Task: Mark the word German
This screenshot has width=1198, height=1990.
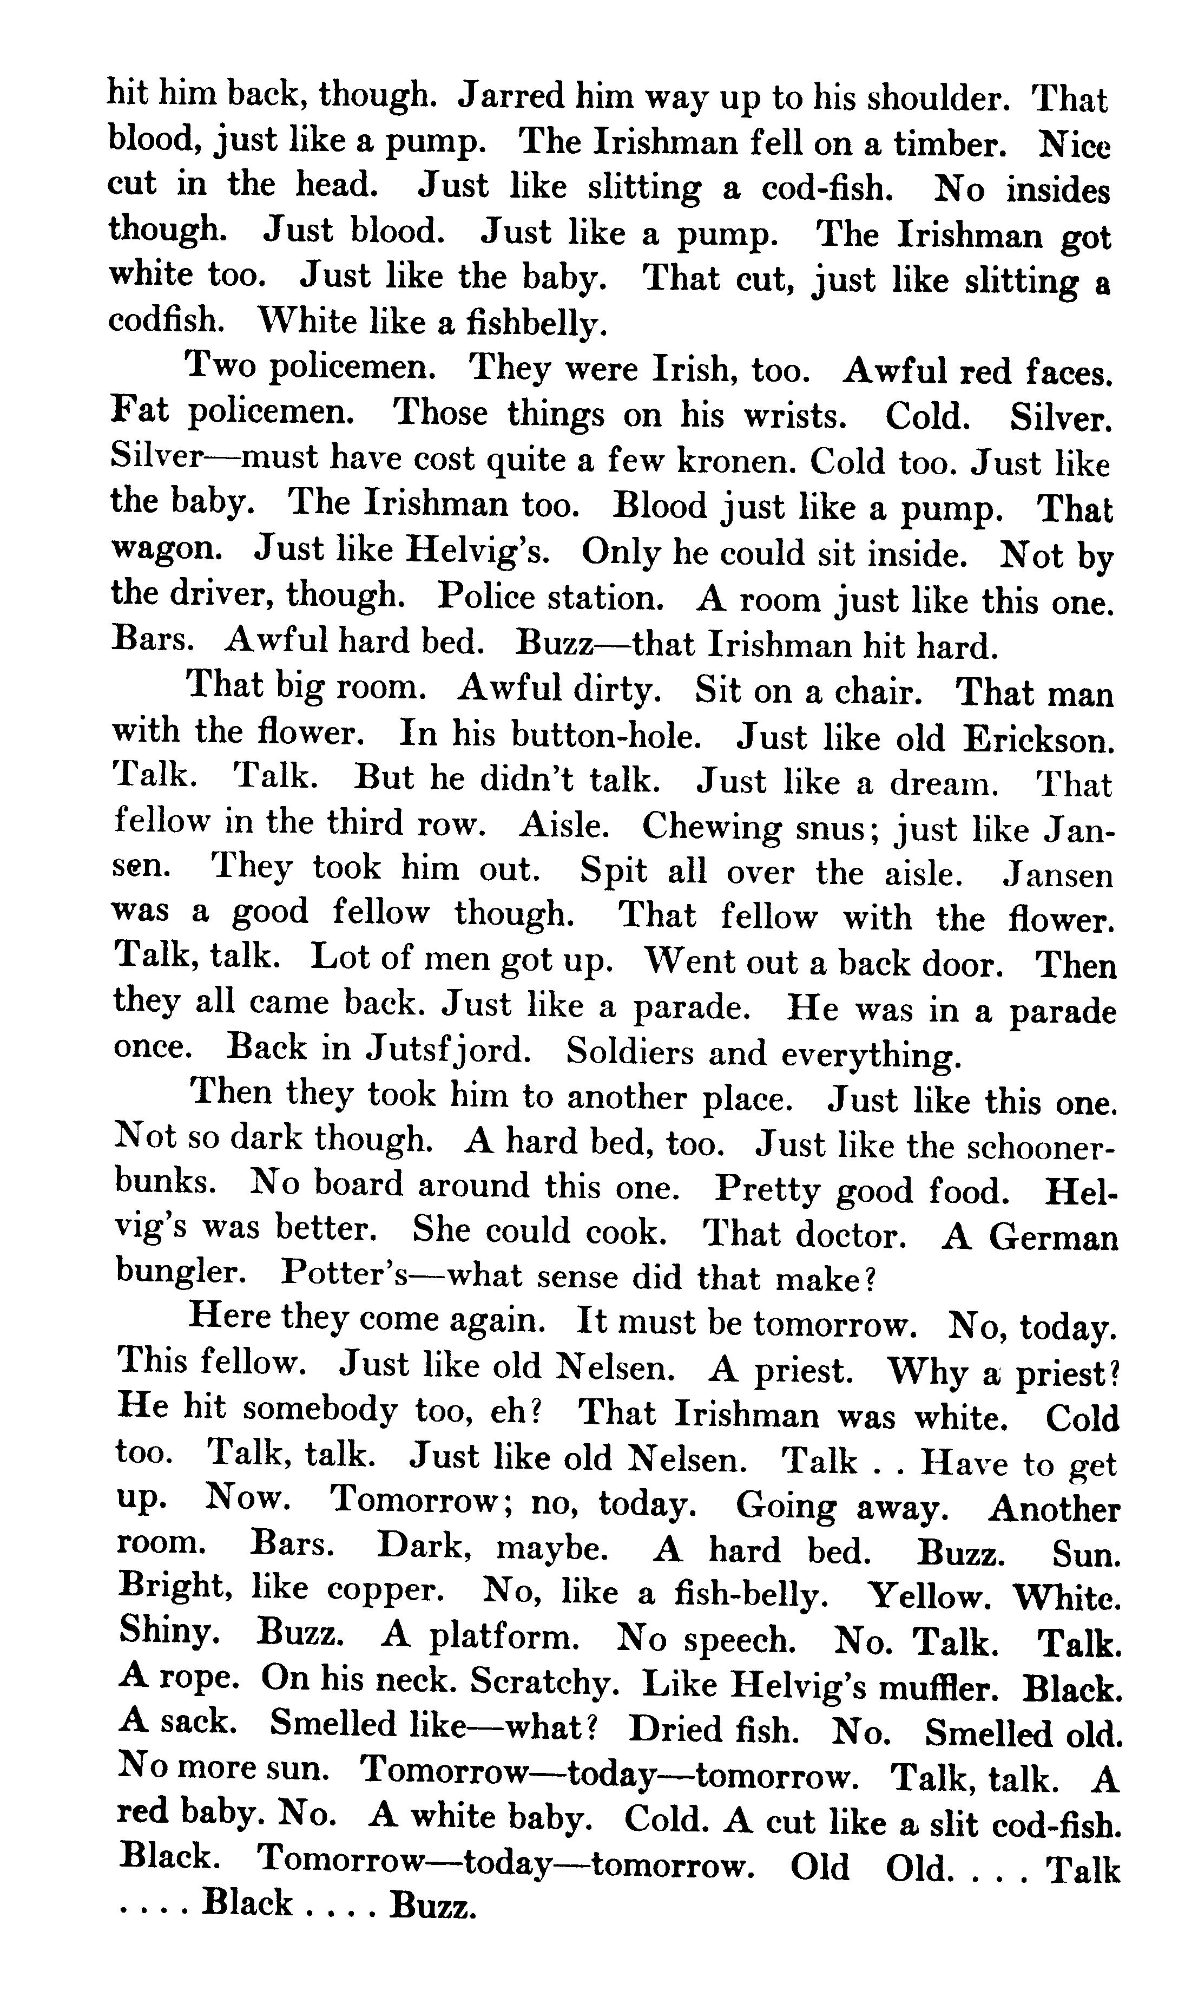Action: pos(1054,1238)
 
